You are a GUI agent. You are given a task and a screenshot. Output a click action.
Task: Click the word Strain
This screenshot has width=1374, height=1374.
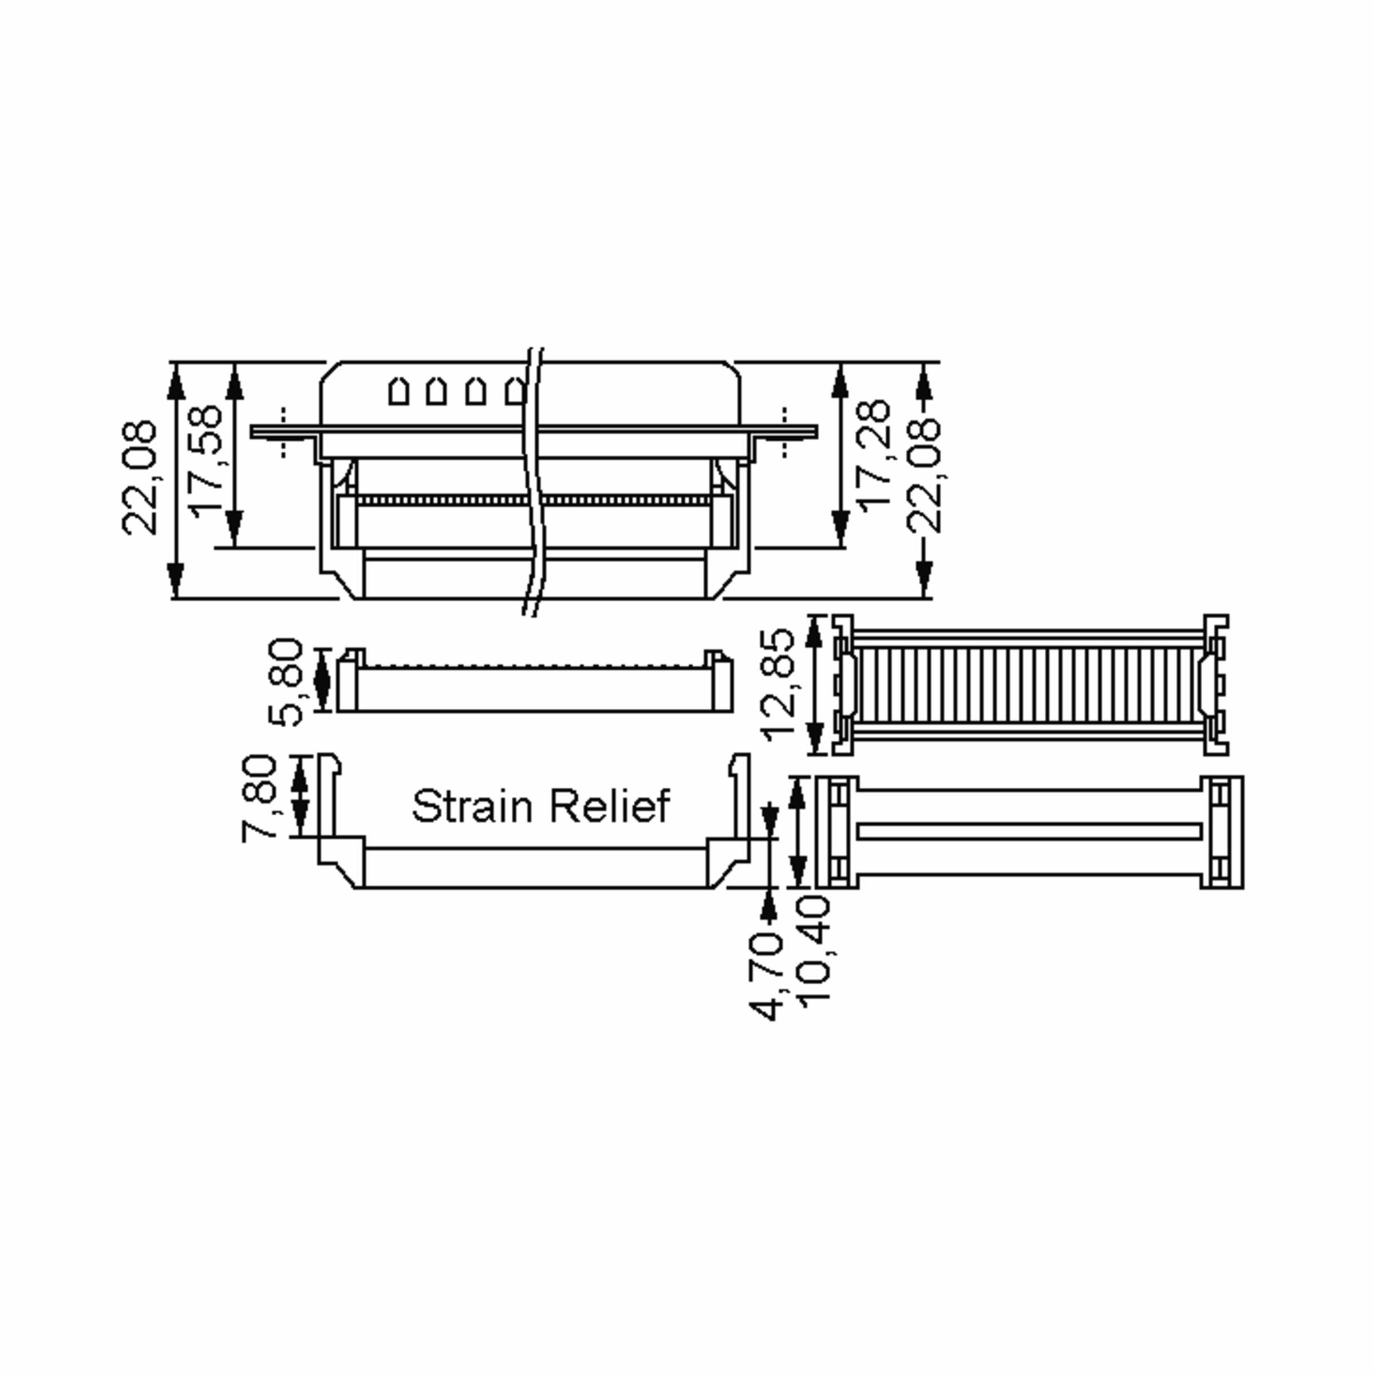click(x=472, y=806)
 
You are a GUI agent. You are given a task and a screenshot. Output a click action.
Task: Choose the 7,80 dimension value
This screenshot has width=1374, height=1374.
click(x=258, y=799)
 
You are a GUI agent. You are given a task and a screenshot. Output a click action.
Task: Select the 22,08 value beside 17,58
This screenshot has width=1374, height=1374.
click(x=139, y=477)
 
